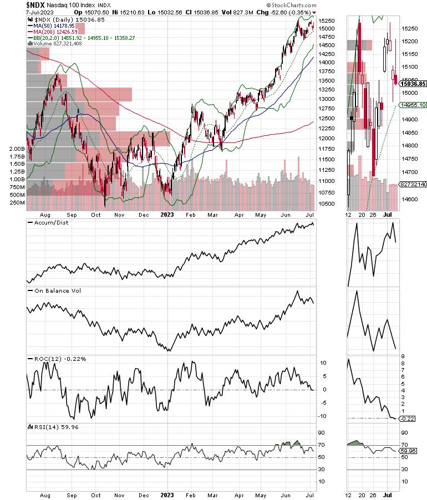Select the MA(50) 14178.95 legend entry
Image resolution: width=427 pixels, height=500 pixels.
[54, 25]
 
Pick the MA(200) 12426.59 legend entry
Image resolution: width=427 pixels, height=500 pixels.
[55, 32]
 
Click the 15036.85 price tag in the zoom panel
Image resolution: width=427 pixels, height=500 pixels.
[414, 84]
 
